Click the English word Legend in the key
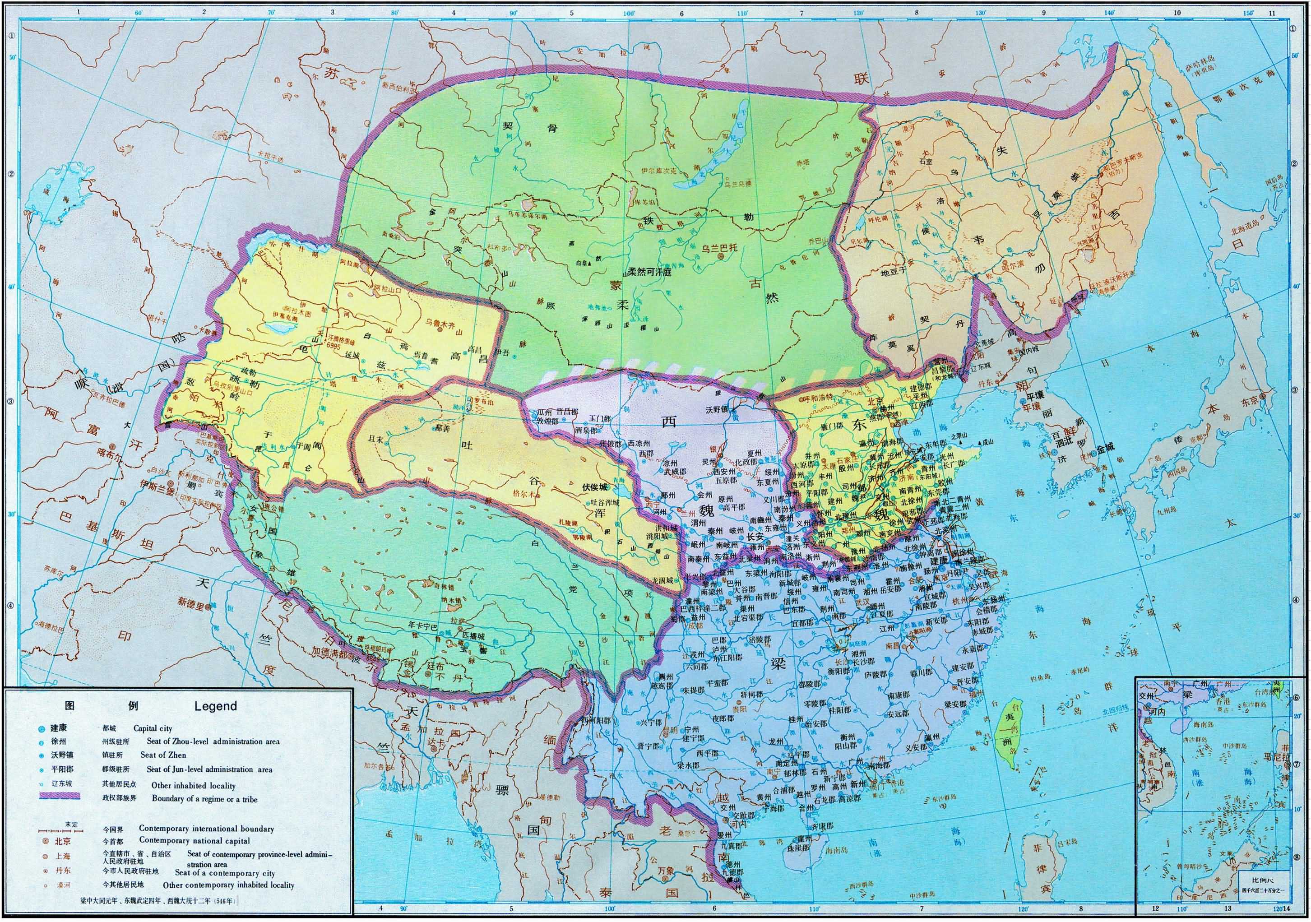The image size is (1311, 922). coord(215,706)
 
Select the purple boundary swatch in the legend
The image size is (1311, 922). coord(60,798)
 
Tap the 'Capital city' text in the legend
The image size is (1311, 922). coord(153,728)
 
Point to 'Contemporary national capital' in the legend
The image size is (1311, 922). coord(194,841)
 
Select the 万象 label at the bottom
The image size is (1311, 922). coord(670,885)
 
